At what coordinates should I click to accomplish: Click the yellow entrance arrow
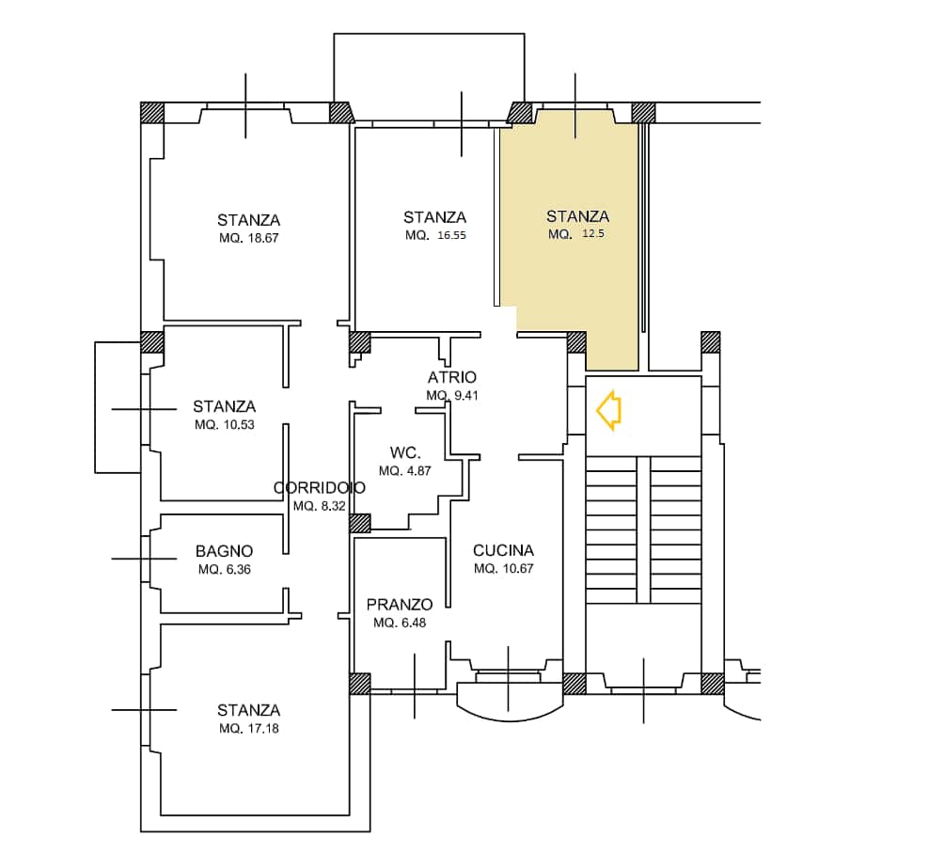pos(608,410)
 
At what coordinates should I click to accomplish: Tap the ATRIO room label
pos(451,377)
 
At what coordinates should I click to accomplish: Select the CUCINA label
pos(503,550)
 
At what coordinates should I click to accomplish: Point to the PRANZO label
pos(400,605)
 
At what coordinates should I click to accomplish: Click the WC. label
pos(405,452)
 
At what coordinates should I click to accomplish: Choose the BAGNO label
pos(224,551)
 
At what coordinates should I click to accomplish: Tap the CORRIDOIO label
pos(319,487)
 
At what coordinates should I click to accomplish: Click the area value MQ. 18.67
pos(248,238)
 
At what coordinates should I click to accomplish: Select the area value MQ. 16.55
pos(435,235)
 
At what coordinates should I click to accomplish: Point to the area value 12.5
pos(593,233)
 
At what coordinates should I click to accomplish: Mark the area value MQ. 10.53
pos(225,424)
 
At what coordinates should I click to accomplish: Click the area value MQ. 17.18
pos(248,729)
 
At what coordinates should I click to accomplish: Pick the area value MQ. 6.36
pos(225,570)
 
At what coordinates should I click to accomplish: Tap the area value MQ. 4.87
pos(405,471)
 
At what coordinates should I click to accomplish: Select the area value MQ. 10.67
pos(503,568)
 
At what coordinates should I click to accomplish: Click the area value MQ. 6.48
pos(400,623)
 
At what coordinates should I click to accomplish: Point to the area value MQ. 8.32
pos(319,506)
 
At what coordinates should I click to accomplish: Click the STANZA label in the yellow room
pos(578,216)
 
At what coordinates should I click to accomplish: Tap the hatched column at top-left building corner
pos(152,113)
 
